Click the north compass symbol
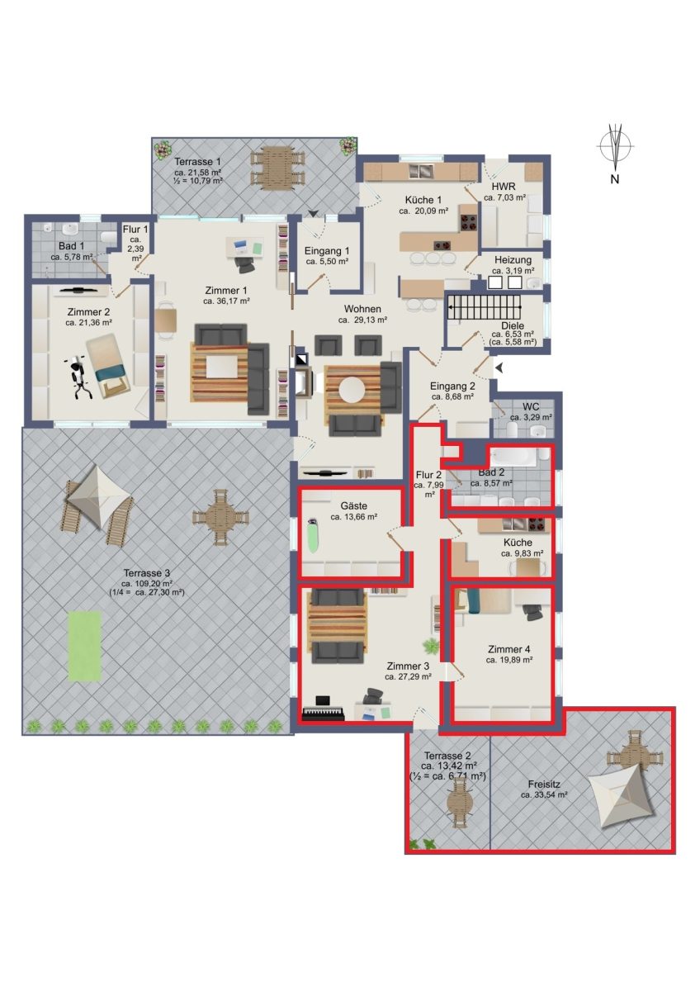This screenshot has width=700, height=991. [x=615, y=146]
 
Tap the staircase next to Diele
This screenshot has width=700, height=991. [x=485, y=306]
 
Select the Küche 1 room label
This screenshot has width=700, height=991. [x=423, y=200]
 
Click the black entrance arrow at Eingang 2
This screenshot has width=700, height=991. [x=499, y=367]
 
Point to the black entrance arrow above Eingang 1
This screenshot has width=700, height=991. [x=313, y=214]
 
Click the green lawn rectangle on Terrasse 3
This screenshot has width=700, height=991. [x=85, y=647]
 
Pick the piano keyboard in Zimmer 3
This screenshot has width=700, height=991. [x=324, y=714]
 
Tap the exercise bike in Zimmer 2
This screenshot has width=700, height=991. [x=78, y=377]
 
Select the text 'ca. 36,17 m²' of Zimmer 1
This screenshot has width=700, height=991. [x=227, y=301]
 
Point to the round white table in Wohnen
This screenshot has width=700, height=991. [x=352, y=390]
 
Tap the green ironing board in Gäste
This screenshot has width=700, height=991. [x=313, y=535]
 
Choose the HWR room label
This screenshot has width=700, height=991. [x=504, y=187]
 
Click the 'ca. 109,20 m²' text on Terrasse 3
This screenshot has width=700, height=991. [x=148, y=583]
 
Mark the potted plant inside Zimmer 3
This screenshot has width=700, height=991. [x=429, y=647]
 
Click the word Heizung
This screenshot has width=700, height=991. [x=513, y=259]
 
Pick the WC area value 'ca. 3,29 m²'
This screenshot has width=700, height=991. [x=531, y=417]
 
